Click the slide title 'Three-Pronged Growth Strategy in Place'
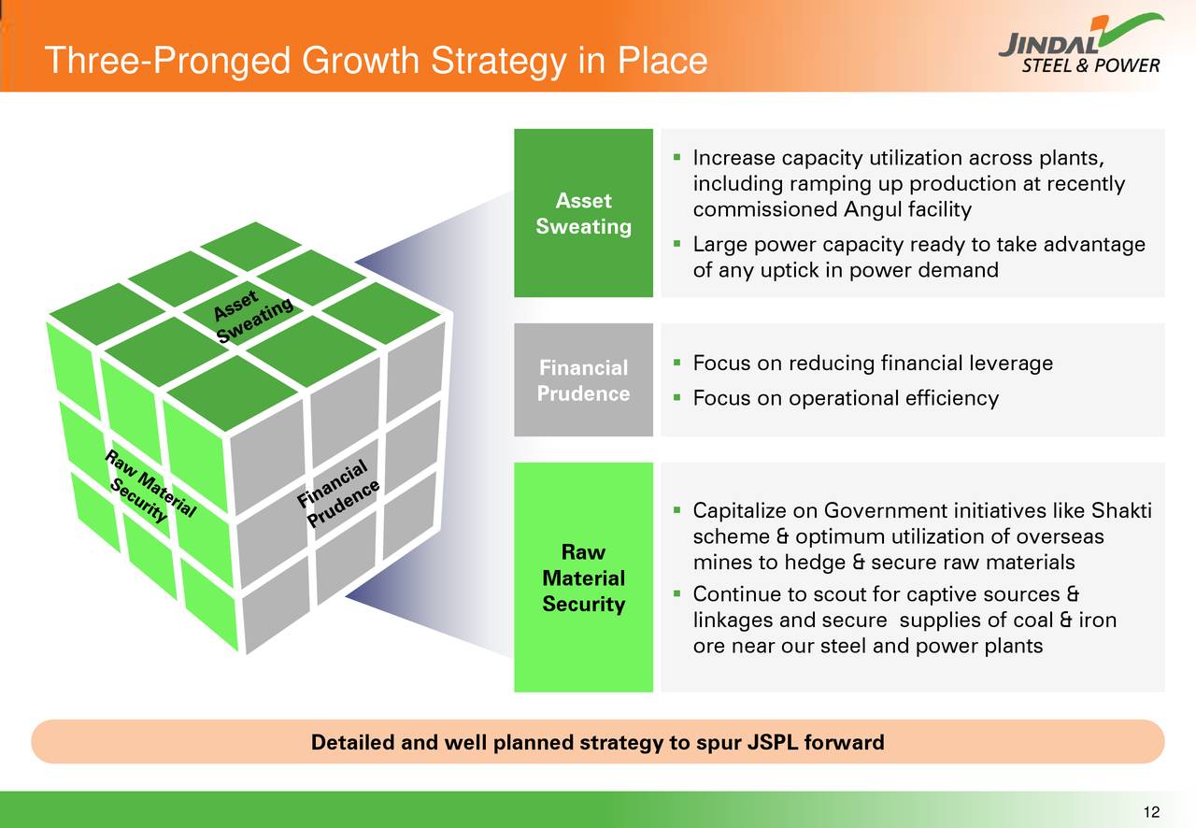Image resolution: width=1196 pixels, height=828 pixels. pyautogui.click(x=376, y=62)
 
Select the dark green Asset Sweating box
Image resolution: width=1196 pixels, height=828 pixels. pyautogui.click(x=583, y=213)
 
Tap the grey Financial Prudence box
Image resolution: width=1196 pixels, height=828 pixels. pyautogui.click(x=583, y=380)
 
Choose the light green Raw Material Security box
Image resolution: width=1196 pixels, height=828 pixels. pyautogui.click(x=583, y=578)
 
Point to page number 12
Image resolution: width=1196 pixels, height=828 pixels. pyautogui.click(x=1150, y=811)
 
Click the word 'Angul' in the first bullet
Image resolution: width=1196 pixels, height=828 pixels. pyautogui.click(x=870, y=210)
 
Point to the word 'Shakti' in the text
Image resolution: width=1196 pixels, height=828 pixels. pyautogui.click(x=1121, y=511)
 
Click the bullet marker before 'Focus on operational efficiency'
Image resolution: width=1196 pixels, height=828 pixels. pyautogui.click(x=676, y=399)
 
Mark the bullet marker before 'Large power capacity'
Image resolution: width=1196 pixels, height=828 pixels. pyautogui.click(x=676, y=245)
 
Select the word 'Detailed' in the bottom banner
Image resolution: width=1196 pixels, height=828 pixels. pyautogui.click(x=352, y=743)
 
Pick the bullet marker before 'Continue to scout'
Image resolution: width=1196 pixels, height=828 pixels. pyautogui.click(x=676, y=594)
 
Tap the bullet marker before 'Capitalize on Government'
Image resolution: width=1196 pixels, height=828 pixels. pyautogui.click(x=676, y=511)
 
